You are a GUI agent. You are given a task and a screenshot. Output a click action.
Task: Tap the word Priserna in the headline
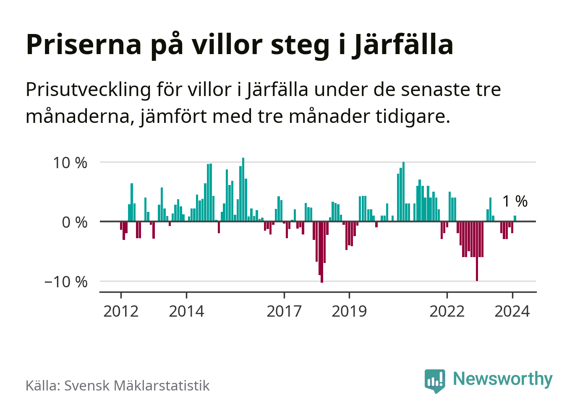(84, 44)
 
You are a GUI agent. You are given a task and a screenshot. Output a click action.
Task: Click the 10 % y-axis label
(70, 163)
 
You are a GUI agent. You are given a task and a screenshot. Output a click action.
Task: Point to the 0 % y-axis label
(75, 222)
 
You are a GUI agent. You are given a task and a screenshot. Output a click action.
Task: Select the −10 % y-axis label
(66, 282)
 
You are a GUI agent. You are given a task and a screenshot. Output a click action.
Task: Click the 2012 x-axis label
(121, 312)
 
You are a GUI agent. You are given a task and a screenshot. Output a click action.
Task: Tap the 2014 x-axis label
(186, 312)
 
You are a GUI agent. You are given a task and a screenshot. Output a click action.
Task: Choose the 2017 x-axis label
(284, 312)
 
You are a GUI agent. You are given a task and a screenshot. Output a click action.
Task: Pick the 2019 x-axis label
(349, 312)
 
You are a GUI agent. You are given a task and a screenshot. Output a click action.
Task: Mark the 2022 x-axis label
(447, 312)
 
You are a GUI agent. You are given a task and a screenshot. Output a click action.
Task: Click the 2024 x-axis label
(512, 312)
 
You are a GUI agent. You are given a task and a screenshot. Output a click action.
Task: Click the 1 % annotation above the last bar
(515, 201)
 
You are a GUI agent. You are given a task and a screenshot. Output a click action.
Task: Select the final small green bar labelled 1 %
(515, 219)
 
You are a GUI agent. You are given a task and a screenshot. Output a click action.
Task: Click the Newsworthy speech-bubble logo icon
(434, 380)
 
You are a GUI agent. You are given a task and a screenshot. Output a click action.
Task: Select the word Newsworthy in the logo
(503, 379)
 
